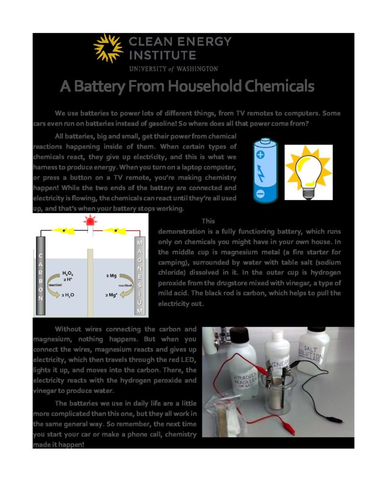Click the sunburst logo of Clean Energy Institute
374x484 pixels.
108,48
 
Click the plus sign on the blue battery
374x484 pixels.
260,154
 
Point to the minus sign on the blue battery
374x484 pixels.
260,194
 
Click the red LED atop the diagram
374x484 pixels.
89,221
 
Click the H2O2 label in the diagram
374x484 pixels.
68,273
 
